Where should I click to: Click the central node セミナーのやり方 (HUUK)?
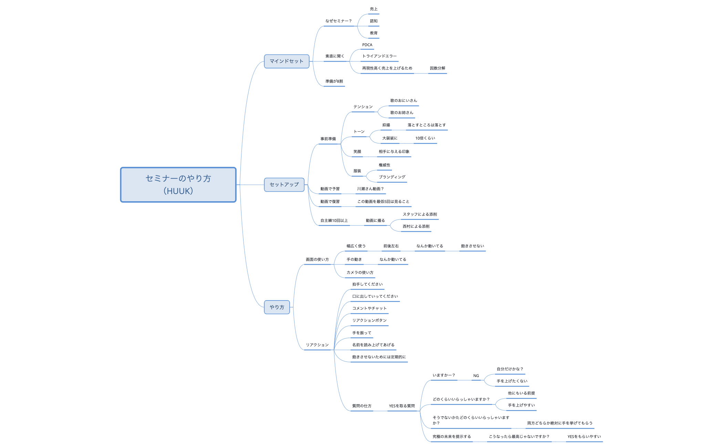click(178, 185)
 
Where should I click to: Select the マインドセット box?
click(287, 61)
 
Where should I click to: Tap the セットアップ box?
click(284, 185)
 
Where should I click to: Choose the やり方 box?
click(277, 307)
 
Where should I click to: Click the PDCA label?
click(367, 45)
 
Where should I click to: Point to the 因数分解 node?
click(437, 68)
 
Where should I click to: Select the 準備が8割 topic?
click(334, 81)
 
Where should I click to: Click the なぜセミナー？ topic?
click(339, 21)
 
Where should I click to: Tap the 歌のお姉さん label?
click(402, 113)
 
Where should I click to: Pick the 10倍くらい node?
click(425, 138)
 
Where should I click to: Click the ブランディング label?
click(392, 177)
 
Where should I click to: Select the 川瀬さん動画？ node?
click(370, 189)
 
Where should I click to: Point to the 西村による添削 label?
click(416, 226)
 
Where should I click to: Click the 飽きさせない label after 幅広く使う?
click(473, 246)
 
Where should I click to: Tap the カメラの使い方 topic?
click(360, 273)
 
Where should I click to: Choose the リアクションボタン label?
click(369, 320)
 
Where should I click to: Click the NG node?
click(476, 376)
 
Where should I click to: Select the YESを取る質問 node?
click(402, 406)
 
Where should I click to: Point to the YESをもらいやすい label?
click(584, 437)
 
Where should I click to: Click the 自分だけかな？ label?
click(510, 369)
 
